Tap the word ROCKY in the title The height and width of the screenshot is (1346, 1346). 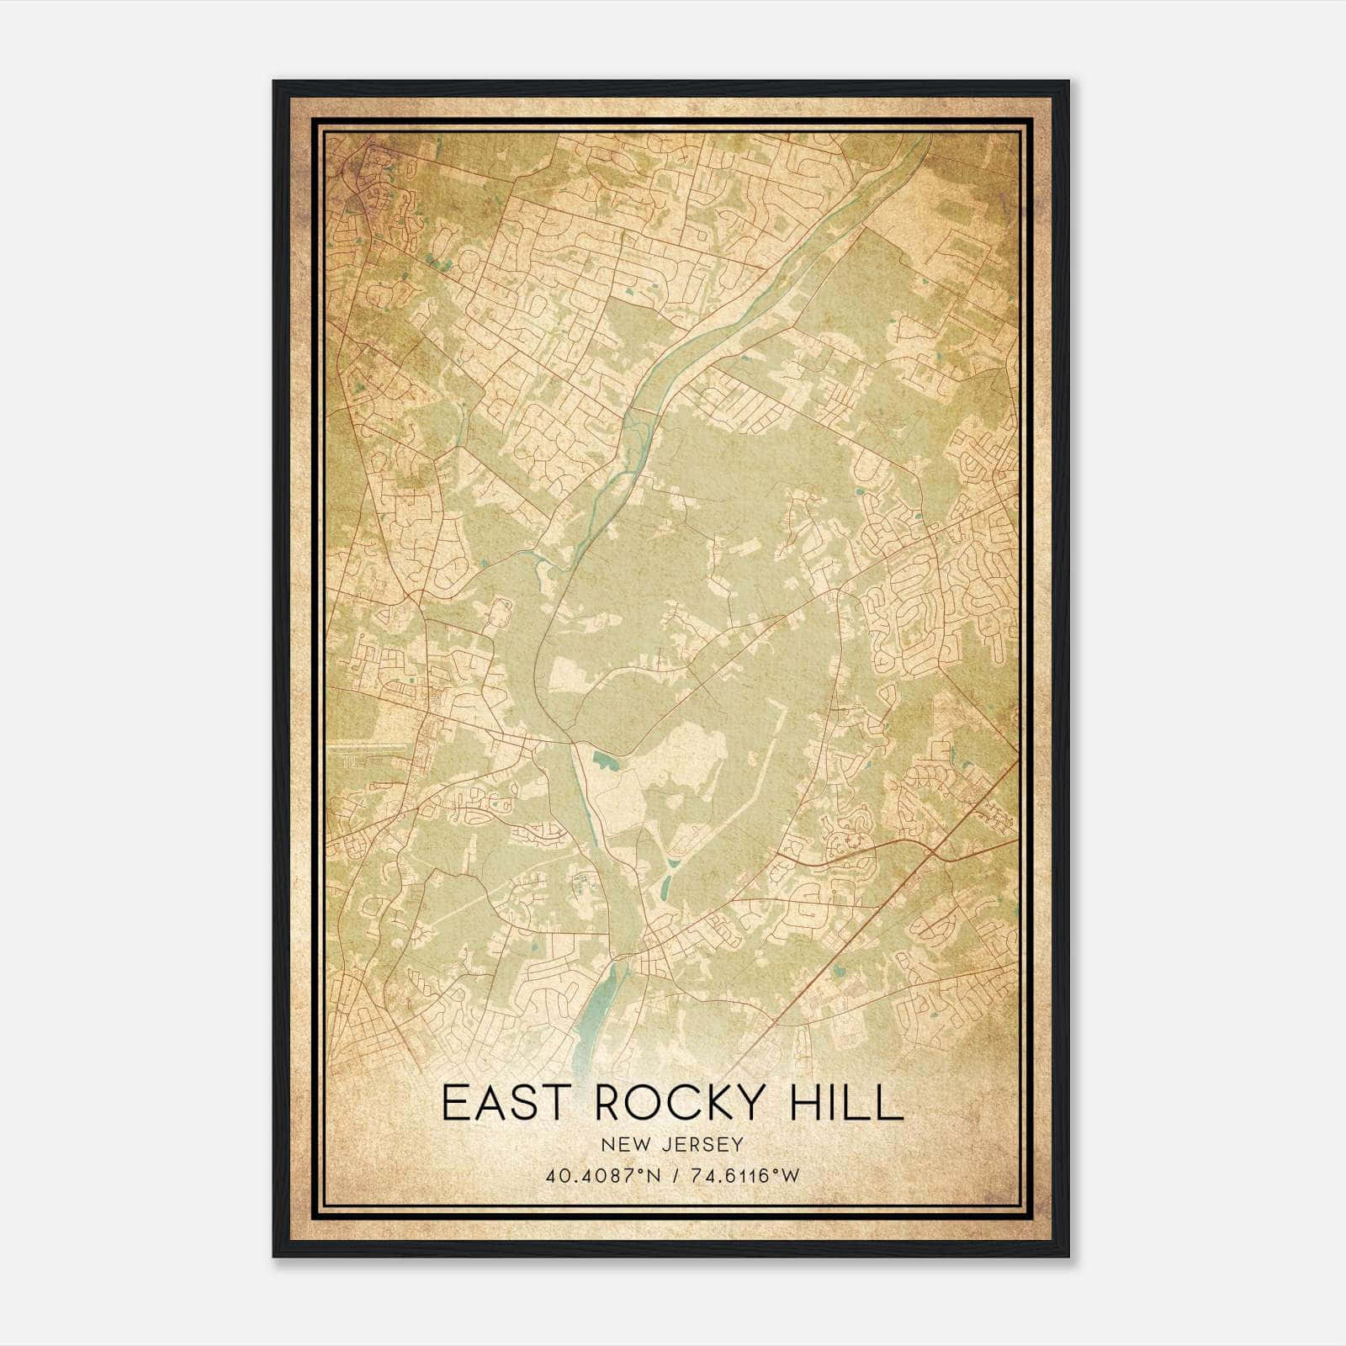pyautogui.click(x=687, y=1103)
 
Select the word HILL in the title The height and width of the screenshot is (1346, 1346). pyautogui.click(x=846, y=1103)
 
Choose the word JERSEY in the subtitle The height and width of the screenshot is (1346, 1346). pyautogui.click(x=698, y=1144)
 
